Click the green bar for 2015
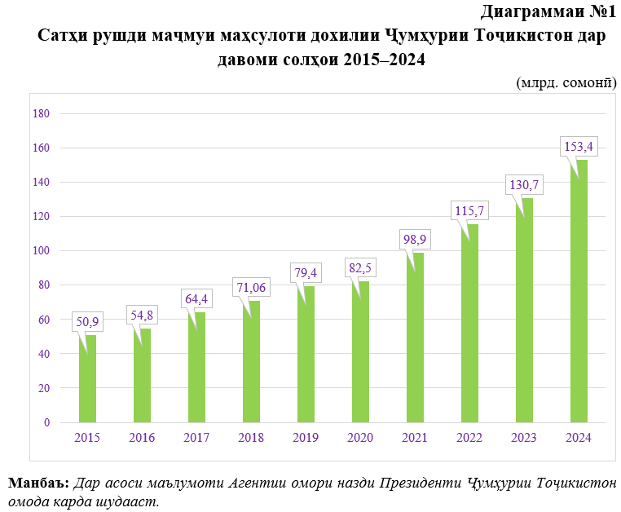point(87,379)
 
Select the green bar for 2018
point(251,362)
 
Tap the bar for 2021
point(415,338)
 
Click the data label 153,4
point(578,147)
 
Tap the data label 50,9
point(87,322)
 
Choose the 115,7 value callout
point(469,210)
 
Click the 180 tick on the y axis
point(41,114)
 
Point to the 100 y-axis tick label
point(41,251)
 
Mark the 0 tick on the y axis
point(46,422)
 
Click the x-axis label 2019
point(306,438)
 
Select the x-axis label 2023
point(524,438)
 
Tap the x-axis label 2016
point(142,438)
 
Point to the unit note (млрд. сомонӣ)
point(566,82)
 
